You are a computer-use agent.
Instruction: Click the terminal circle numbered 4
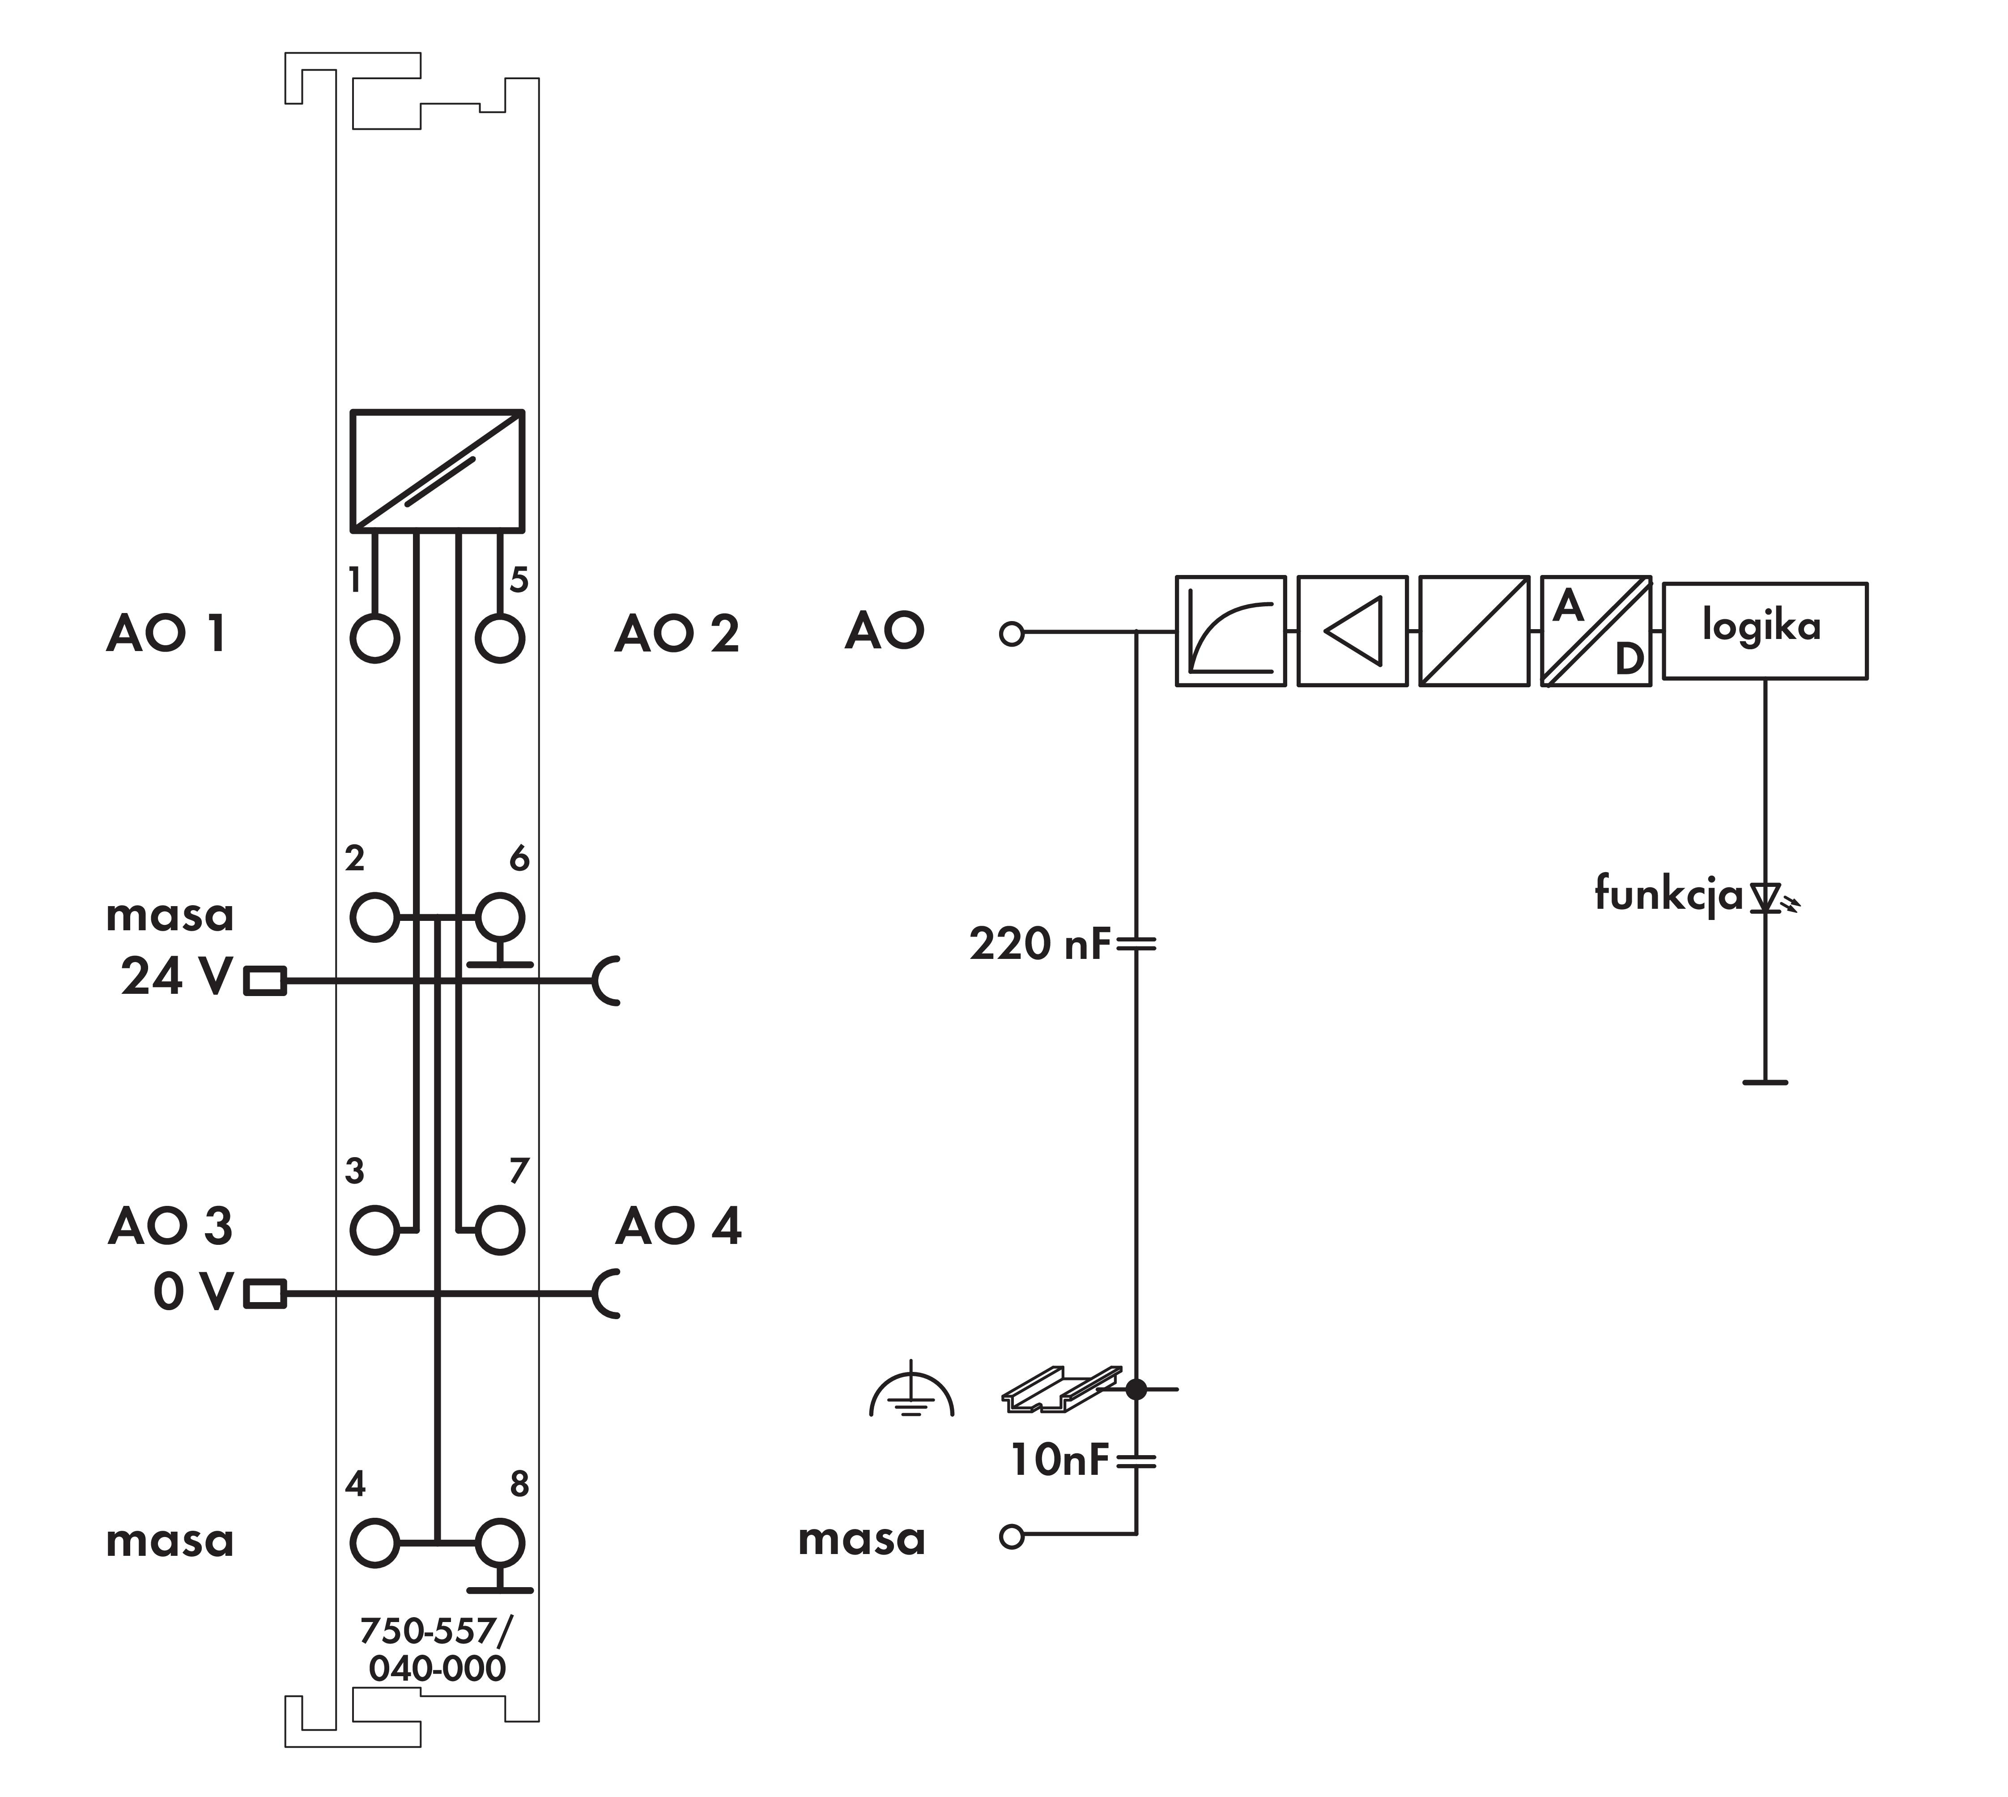(x=374, y=1542)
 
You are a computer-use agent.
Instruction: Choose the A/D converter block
(x=1595, y=630)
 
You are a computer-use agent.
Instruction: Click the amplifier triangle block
(x=1352, y=630)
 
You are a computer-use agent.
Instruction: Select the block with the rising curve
(x=1230, y=630)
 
